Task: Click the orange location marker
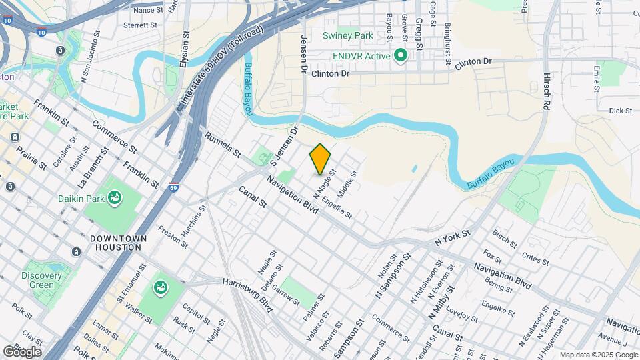(x=320, y=159)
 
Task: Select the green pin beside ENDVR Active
(x=401, y=55)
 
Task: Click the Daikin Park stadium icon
(x=115, y=197)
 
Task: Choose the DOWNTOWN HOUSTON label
(x=115, y=243)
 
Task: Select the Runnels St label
(x=223, y=145)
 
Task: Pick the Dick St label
(x=620, y=111)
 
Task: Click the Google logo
(x=23, y=351)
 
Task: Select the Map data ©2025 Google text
(x=597, y=355)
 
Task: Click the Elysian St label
(x=185, y=47)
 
